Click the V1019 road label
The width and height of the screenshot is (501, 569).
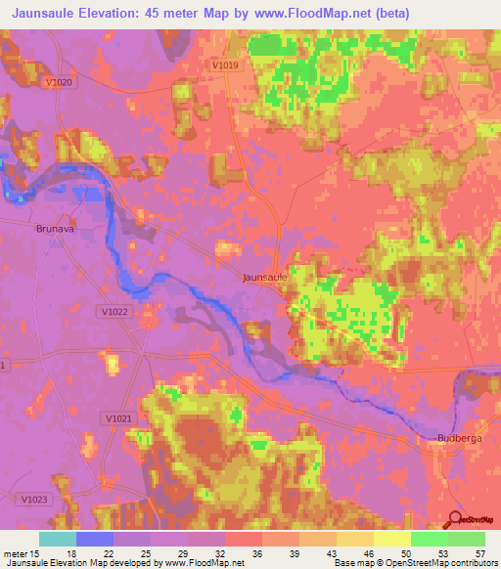(224, 65)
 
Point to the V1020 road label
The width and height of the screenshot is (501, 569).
(60, 83)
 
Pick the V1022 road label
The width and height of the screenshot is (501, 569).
(114, 311)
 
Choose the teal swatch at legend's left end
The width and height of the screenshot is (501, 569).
(58, 539)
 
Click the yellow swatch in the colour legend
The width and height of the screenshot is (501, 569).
(391, 539)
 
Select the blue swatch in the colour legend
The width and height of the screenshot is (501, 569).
(95, 539)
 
